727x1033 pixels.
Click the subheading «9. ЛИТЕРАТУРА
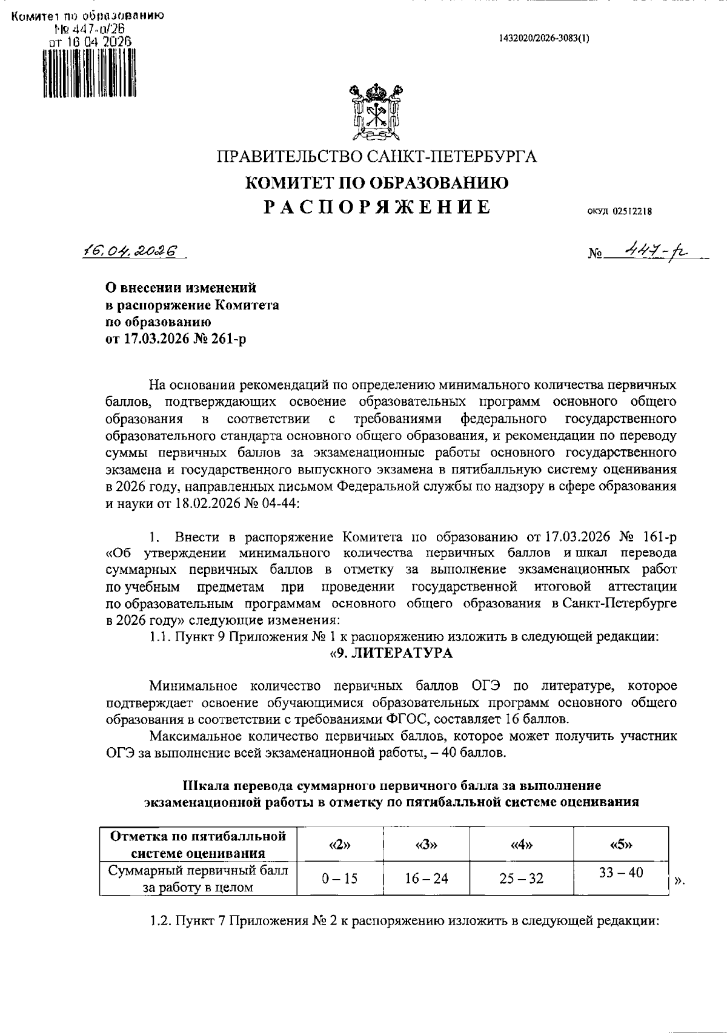coord(391,653)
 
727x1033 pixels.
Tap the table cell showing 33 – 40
coord(621,873)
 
